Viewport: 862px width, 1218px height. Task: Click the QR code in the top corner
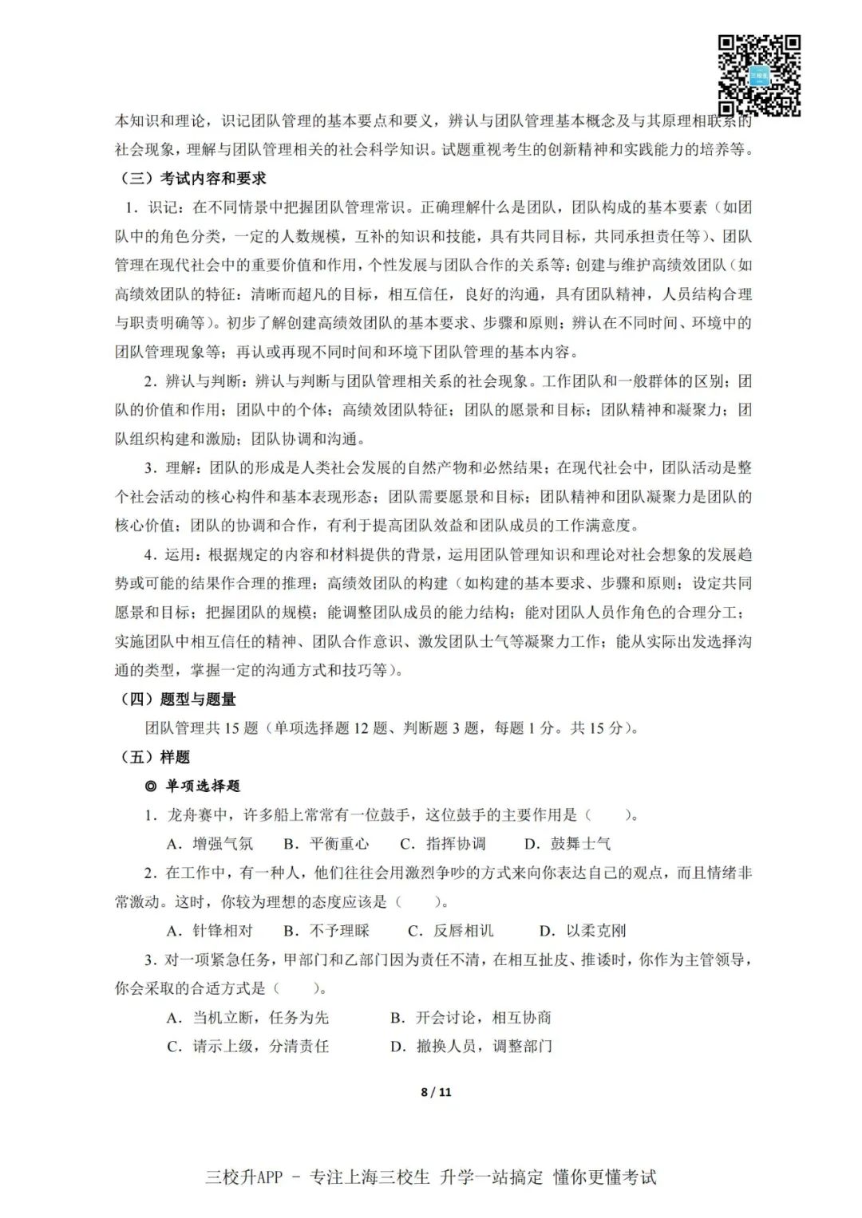(x=759, y=75)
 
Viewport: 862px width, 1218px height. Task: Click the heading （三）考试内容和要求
(x=192, y=178)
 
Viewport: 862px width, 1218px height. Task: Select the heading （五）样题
(x=155, y=757)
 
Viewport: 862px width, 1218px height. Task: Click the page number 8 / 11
(x=436, y=1092)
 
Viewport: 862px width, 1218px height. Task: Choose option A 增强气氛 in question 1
(x=211, y=844)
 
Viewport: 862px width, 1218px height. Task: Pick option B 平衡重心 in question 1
(x=327, y=844)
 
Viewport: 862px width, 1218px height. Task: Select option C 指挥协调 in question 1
(x=444, y=844)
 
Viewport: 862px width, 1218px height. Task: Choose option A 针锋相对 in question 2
(x=211, y=931)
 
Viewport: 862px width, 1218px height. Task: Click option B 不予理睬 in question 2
(x=327, y=931)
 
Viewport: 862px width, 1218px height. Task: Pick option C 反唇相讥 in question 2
(x=452, y=931)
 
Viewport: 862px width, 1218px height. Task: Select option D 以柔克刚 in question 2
(x=583, y=931)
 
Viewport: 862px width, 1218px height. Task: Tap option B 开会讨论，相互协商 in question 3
(x=472, y=1018)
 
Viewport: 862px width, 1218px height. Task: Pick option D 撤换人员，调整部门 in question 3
(x=472, y=1047)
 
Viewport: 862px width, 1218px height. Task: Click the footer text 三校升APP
(x=244, y=1177)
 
